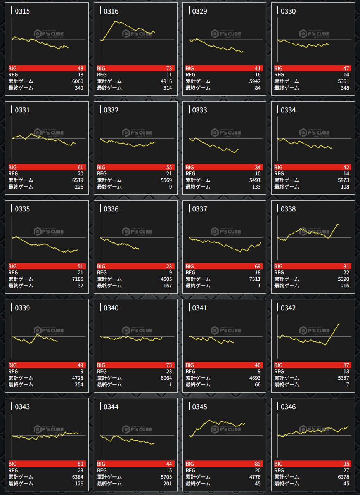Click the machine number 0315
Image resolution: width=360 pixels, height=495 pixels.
(22, 11)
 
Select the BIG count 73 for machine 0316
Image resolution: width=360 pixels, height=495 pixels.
(168, 68)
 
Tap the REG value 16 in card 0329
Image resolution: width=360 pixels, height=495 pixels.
(257, 75)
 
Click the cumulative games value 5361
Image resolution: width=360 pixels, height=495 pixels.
(343, 81)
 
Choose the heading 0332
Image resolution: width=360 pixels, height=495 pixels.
(111, 110)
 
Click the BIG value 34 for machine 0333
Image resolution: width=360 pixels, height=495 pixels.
(257, 167)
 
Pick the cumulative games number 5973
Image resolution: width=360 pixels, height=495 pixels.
(343, 180)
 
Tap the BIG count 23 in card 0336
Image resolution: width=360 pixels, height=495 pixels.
(168, 266)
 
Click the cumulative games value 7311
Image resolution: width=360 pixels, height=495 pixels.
(254, 279)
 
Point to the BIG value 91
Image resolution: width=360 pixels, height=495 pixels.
(346, 266)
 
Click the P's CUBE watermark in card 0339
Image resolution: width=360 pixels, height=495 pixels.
(48, 331)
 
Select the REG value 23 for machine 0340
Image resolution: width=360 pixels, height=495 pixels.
(168, 372)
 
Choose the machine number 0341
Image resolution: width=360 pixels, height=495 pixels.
(199, 308)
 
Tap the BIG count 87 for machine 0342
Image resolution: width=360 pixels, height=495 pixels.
(346, 365)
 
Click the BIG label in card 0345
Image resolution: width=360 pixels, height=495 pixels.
(190, 464)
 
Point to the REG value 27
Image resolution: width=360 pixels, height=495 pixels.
(346, 471)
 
